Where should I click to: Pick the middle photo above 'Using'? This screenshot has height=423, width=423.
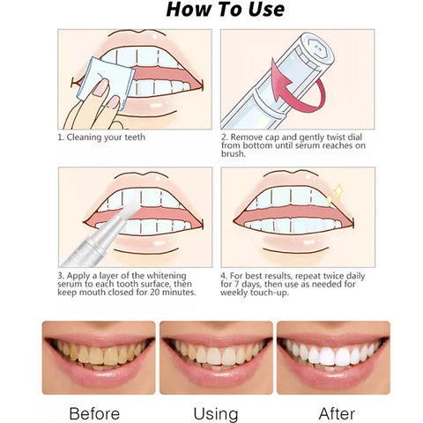click(216, 357)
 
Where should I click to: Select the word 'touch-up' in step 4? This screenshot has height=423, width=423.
click(267, 292)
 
